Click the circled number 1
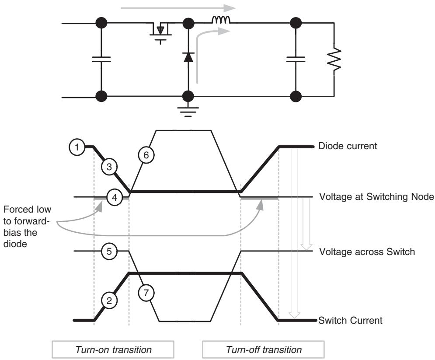pyautogui.click(x=77, y=147)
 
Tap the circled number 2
pyautogui.click(x=109, y=301)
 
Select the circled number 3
pyautogui.click(x=109, y=167)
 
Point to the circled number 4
pyautogui.click(x=114, y=197)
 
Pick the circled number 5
pyautogui.click(x=109, y=251)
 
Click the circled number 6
pyautogui.click(x=146, y=155)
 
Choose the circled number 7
pyautogui.click(x=146, y=293)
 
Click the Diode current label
pyautogui.click(x=348, y=146)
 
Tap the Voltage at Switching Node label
pyautogui.click(x=376, y=197)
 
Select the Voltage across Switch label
pyautogui.click(x=367, y=252)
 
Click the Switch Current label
pyautogui.click(x=350, y=320)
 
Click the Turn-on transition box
pyautogui.click(x=113, y=350)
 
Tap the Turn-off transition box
pyautogui.click(x=264, y=350)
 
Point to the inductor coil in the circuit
pyautogui.click(x=221, y=20)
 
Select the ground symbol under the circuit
pyautogui.click(x=188, y=112)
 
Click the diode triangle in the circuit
pyautogui.click(x=188, y=57)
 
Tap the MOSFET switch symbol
pyautogui.click(x=160, y=31)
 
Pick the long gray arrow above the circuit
pyautogui.click(x=178, y=8)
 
